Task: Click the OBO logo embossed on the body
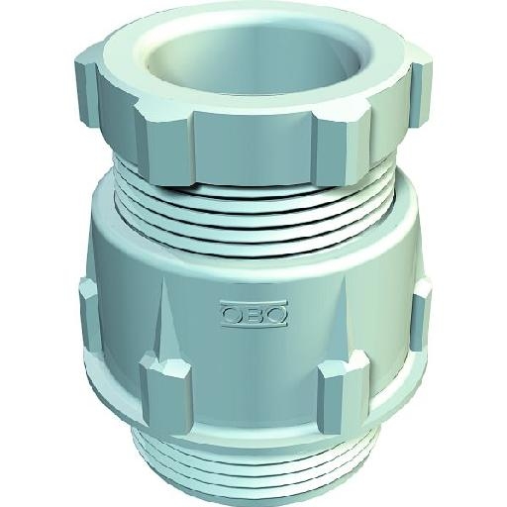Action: coord(253,314)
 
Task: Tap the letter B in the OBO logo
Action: coord(253,314)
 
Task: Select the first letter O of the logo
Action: coord(233,314)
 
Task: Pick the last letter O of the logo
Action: coord(274,314)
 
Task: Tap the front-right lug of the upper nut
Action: coord(344,147)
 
